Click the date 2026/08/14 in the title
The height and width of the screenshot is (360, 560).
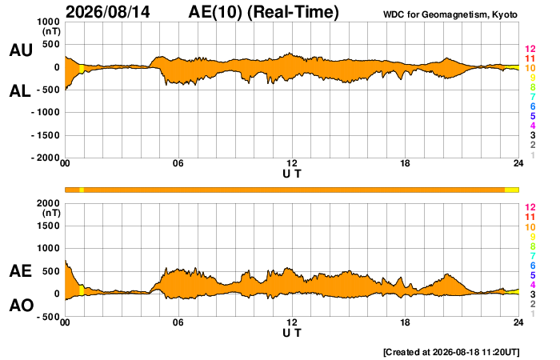click(x=108, y=12)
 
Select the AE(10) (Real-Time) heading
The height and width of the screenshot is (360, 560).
click(x=263, y=12)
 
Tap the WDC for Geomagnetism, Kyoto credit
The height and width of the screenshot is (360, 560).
click(x=450, y=14)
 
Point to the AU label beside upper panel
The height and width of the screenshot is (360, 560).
click(x=21, y=50)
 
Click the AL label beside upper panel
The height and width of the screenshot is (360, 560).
click(x=20, y=91)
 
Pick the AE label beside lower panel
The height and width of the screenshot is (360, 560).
click(x=20, y=271)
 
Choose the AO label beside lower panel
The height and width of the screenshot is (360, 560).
click(x=22, y=306)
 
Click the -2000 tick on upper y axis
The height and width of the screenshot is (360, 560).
click(x=46, y=158)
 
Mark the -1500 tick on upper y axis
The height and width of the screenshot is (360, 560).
click(x=46, y=135)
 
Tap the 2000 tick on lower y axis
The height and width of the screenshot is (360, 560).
click(x=48, y=203)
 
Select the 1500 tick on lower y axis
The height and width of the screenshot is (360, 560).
click(x=48, y=226)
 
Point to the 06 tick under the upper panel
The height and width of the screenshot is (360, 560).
click(x=178, y=163)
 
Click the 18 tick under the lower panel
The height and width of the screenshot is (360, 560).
click(x=405, y=322)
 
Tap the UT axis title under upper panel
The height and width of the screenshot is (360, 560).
click(x=292, y=174)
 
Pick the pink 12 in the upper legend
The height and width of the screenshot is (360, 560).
click(x=530, y=49)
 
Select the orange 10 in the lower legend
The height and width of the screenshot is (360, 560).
click(x=530, y=227)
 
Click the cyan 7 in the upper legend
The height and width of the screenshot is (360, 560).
click(x=533, y=97)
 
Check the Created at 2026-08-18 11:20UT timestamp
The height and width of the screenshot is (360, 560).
click(x=451, y=352)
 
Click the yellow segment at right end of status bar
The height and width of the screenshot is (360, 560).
click(x=511, y=190)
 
